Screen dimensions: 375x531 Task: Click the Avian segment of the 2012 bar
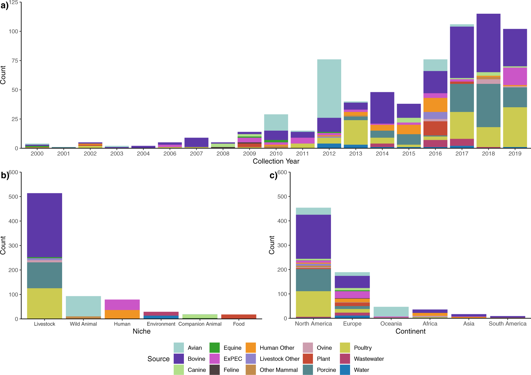point(329,88)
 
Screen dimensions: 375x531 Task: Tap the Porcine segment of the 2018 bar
point(488,105)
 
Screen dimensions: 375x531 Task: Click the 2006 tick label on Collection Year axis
point(170,154)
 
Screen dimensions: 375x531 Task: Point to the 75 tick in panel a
point(15,60)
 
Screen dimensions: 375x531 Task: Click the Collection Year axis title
point(276,161)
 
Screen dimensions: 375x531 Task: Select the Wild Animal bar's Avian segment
point(83,306)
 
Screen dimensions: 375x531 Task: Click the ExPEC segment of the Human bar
point(122,305)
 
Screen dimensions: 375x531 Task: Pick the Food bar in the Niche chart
point(238,316)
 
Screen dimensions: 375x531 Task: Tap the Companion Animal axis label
point(200,324)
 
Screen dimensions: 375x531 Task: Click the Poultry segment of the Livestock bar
point(45,303)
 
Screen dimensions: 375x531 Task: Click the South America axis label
point(507,324)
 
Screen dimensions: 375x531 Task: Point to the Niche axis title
point(141,331)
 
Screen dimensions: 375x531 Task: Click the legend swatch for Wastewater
point(345,359)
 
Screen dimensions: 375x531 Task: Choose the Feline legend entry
point(231,370)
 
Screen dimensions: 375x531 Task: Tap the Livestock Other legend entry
point(279,359)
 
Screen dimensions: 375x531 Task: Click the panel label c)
point(273,176)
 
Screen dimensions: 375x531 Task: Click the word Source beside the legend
point(158,359)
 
